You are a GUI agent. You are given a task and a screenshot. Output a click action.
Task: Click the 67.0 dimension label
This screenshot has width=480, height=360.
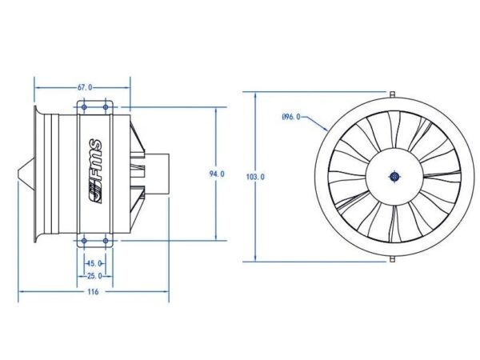(85, 87)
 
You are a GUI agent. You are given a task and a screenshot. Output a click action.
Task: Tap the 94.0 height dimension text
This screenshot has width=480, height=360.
(217, 174)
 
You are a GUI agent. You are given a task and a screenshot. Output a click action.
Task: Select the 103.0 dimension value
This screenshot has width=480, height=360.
(255, 177)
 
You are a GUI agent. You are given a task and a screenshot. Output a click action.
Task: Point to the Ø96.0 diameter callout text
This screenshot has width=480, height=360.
(291, 117)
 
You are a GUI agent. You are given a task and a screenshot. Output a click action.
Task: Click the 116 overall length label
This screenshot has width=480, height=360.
(93, 291)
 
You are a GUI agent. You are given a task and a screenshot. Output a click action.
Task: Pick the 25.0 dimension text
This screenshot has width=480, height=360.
(94, 276)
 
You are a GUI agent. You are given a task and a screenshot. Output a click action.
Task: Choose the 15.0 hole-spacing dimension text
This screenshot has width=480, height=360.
(95, 263)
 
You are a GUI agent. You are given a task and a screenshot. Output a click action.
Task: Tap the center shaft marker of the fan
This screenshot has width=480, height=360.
(394, 177)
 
